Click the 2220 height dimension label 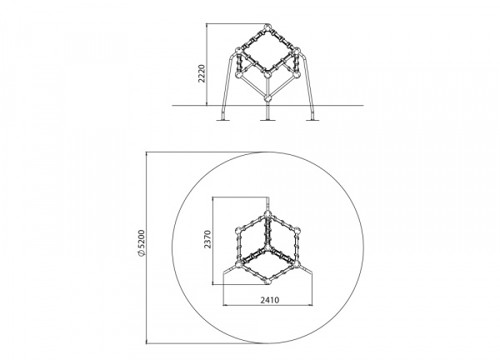(x=202, y=73)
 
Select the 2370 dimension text (x=207, y=239)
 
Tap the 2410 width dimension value (x=270, y=300)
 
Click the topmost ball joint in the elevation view (x=267, y=27)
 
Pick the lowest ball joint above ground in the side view (x=267, y=97)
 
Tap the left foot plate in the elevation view (x=222, y=120)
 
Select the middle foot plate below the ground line (x=267, y=120)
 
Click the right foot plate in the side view (x=312, y=120)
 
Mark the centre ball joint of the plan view (x=267, y=248)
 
